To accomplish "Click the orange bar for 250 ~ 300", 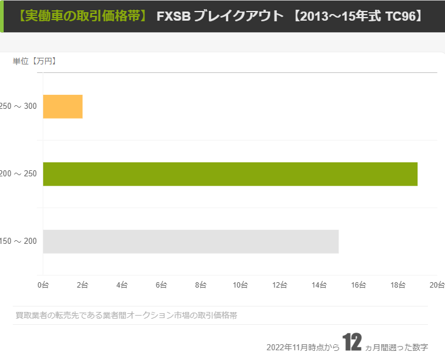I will [x=63, y=106].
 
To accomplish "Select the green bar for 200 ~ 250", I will [x=230, y=174].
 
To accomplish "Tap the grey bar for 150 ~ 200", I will [x=191, y=241].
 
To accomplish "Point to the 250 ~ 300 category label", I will [x=18, y=106].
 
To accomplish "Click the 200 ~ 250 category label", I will [x=18, y=174].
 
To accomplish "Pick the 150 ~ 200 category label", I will [x=18, y=241].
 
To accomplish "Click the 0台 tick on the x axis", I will [x=43, y=285].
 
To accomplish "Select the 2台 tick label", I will [x=82, y=285].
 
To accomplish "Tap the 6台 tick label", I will [x=161, y=285].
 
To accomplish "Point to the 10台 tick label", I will [x=240, y=285].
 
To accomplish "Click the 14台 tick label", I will [x=319, y=285].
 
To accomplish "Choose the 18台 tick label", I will [x=398, y=285].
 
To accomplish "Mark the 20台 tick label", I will [x=436, y=285].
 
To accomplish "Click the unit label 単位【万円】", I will [x=35, y=61].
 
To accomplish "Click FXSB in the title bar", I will [x=172, y=16].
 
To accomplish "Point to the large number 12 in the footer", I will [x=352, y=343].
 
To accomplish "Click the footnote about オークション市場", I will [x=126, y=315].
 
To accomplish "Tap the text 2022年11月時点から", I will [x=303, y=348].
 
